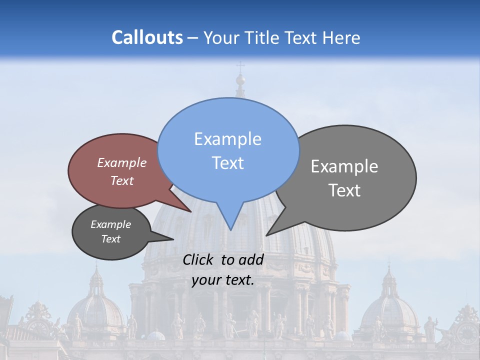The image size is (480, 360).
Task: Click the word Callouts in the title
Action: point(147,37)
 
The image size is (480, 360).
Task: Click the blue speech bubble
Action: point(228,150)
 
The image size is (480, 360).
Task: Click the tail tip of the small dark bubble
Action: point(173,239)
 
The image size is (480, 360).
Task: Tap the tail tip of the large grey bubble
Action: point(266,235)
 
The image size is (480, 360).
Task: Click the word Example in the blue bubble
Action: point(228,138)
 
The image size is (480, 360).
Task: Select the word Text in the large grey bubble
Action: point(345,190)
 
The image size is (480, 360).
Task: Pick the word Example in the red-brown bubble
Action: point(122,162)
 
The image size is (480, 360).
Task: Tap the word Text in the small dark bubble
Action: point(111,239)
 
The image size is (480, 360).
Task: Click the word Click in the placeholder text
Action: point(198,259)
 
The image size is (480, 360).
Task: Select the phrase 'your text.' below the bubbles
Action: point(223,280)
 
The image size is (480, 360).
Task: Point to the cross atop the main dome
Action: point(240,66)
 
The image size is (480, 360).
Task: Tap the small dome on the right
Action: point(389,310)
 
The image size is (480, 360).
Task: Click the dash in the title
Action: point(193,38)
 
